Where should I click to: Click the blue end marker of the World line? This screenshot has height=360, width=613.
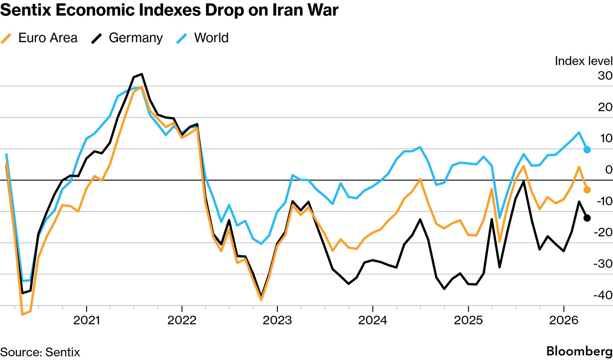(587, 150)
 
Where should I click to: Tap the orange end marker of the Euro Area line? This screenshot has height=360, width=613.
(587, 190)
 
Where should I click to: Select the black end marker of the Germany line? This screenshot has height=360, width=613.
(587, 218)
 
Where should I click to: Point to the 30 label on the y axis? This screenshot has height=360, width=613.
(605, 76)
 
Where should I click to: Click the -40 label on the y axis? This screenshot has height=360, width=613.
(603, 295)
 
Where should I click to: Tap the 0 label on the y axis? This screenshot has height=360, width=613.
(608, 170)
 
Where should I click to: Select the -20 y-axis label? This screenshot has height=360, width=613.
(603, 232)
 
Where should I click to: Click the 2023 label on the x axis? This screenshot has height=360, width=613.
(277, 320)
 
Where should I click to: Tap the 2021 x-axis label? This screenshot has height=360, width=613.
(87, 320)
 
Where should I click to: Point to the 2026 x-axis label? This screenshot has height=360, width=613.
(563, 320)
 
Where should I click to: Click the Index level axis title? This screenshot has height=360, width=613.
(583, 61)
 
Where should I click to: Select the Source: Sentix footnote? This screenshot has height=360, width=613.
(40, 352)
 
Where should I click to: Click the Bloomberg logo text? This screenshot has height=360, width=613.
(579, 351)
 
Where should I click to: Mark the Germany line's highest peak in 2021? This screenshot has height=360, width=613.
(142, 74)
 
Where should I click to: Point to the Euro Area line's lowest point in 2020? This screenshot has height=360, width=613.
(22, 314)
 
